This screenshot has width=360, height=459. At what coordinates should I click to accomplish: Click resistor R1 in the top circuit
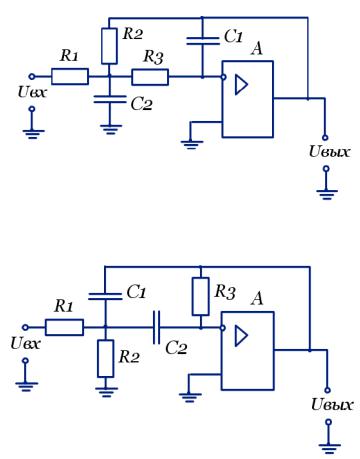coord(70,76)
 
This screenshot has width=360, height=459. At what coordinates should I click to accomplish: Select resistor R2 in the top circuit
coord(109,46)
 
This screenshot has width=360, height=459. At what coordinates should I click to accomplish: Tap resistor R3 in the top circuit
coord(150,77)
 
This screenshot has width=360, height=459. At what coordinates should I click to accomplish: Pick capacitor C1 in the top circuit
coord(203,41)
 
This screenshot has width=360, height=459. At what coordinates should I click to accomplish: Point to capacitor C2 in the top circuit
coord(110,99)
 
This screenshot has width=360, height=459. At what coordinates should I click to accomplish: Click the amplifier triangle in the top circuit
coord(241,85)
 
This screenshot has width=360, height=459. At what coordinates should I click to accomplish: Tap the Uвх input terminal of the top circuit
coord(32,76)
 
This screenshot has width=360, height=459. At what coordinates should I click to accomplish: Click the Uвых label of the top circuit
coord(329,152)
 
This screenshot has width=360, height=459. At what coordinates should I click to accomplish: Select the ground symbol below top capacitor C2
coord(111,129)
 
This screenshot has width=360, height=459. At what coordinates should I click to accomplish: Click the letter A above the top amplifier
coord(257,49)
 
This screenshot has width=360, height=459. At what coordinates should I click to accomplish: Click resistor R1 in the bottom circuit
coord(64,327)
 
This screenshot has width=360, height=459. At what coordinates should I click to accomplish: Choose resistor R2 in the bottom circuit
coord(106,359)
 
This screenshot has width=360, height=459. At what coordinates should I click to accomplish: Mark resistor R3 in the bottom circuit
coord(201,296)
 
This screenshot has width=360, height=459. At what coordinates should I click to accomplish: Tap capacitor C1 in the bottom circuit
coord(105,296)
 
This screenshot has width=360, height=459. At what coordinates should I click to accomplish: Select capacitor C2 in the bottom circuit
coord(156,327)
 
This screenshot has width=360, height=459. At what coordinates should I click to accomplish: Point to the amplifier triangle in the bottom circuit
coord(241,336)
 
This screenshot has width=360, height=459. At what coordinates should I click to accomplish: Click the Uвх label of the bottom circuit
coord(25,343)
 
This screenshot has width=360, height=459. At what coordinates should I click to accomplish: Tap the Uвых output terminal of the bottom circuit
coord(327,390)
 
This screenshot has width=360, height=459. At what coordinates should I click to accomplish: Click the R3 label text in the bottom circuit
coord(225,292)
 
